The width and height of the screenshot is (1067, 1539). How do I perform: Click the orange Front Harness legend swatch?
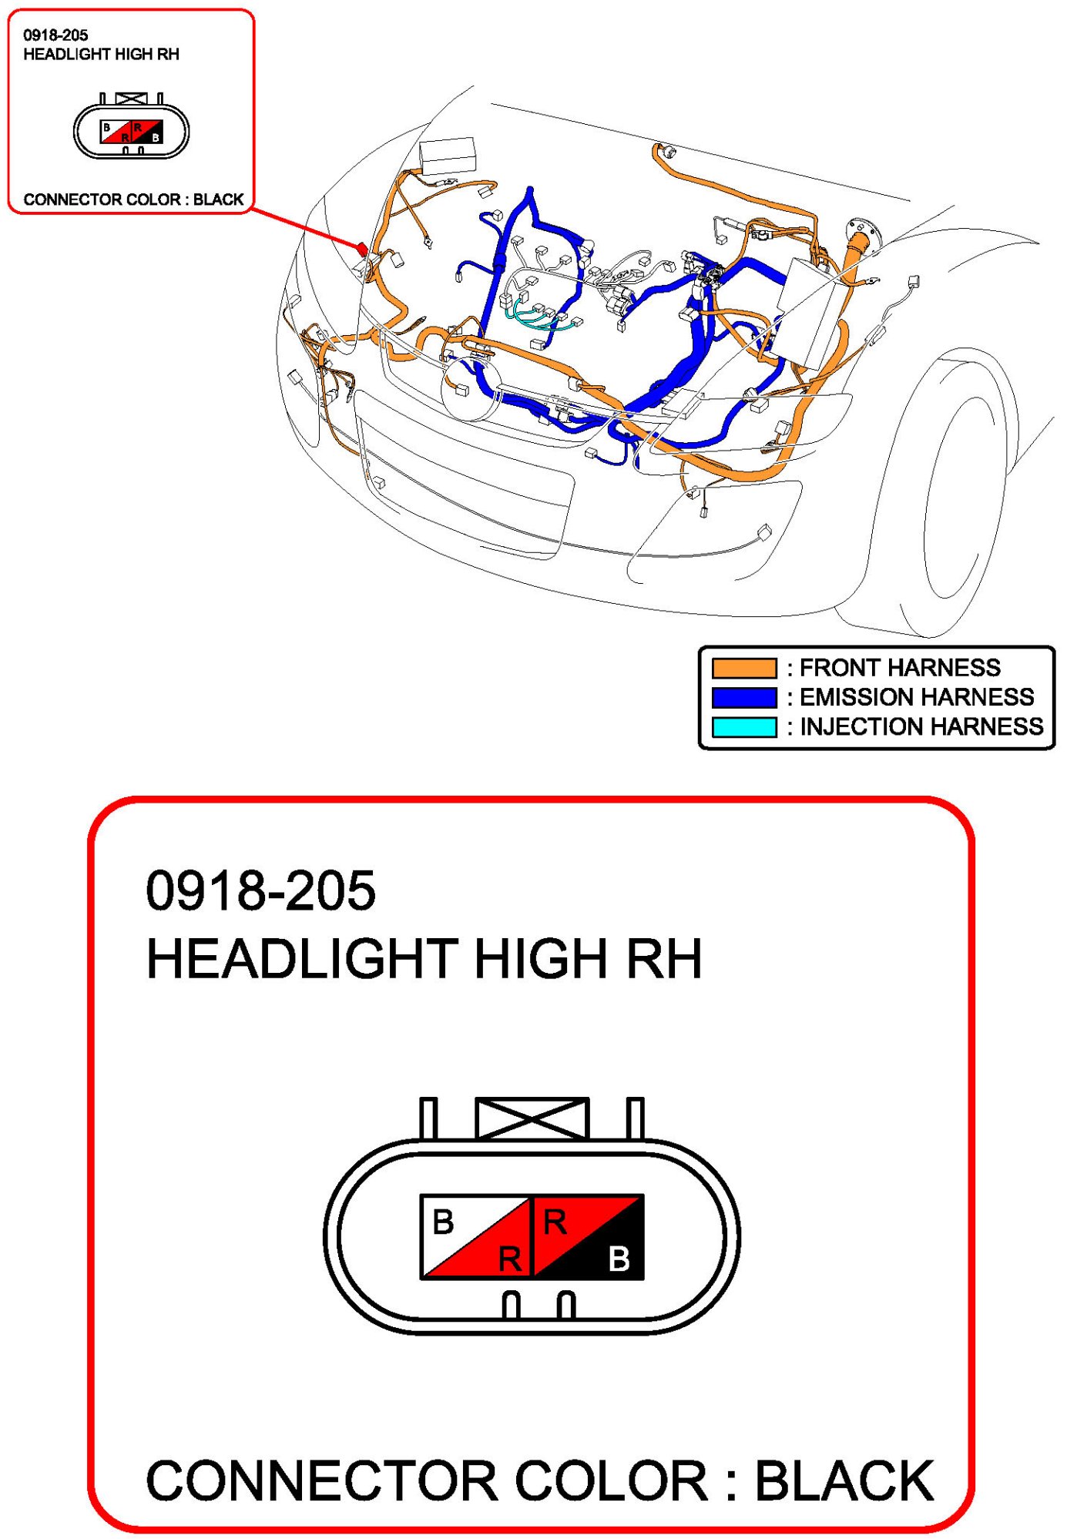[744, 667]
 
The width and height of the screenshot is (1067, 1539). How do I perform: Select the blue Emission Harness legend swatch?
[744, 697]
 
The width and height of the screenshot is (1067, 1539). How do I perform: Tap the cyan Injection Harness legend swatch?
[744, 727]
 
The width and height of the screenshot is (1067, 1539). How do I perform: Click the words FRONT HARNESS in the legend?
[900, 667]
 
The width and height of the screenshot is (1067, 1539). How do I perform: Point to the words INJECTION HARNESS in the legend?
[921, 726]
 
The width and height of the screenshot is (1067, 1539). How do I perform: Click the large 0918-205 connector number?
[260, 890]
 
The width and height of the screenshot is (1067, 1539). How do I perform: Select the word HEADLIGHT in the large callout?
[302, 959]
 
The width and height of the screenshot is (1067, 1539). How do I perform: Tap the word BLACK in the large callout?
[844, 1480]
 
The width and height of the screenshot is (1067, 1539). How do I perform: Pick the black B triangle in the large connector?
[609, 1253]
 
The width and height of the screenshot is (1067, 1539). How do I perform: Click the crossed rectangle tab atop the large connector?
[532, 1118]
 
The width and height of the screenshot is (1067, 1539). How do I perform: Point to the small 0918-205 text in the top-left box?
[55, 35]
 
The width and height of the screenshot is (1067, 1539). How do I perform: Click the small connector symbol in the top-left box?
[131, 128]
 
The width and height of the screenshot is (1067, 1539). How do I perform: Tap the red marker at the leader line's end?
[361, 248]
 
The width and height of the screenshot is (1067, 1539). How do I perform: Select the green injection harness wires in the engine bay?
[539, 316]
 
